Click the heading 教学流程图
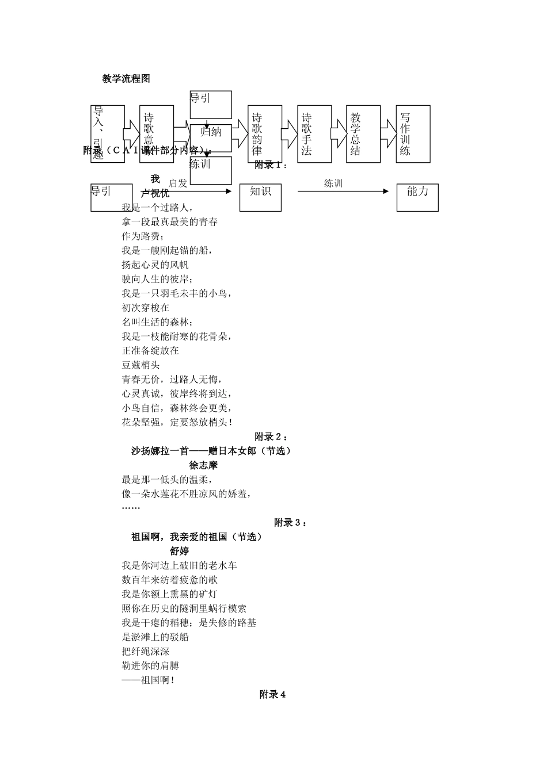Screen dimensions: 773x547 [x=126, y=79]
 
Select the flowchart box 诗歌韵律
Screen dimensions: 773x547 [x=265, y=134]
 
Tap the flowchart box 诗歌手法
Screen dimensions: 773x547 [x=314, y=134]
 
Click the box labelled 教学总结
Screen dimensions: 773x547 [x=363, y=134]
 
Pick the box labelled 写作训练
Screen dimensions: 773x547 [x=413, y=134]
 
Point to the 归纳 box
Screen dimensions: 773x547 [x=211, y=132]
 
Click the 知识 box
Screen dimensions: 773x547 [x=260, y=197]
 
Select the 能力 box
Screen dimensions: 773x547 [x=417, y=197]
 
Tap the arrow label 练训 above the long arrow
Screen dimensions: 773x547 [x=333, y=183]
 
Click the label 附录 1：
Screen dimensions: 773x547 [x=271, y=165]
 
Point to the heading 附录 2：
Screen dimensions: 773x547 [x=271, y=437]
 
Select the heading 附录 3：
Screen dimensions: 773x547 [x=290, y=523]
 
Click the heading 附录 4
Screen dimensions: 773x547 [x=273, y=695]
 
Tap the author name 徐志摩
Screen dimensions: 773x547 [x=203, y=465]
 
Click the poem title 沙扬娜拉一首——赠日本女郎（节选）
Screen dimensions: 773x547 [x=211, y=451]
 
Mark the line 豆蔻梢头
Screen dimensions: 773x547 [x=140, y=365]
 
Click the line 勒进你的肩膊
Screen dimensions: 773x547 [x=150, y=666]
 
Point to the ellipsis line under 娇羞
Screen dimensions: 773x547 [x=131, y=508]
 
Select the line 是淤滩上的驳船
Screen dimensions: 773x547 [x=155, y=637]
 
